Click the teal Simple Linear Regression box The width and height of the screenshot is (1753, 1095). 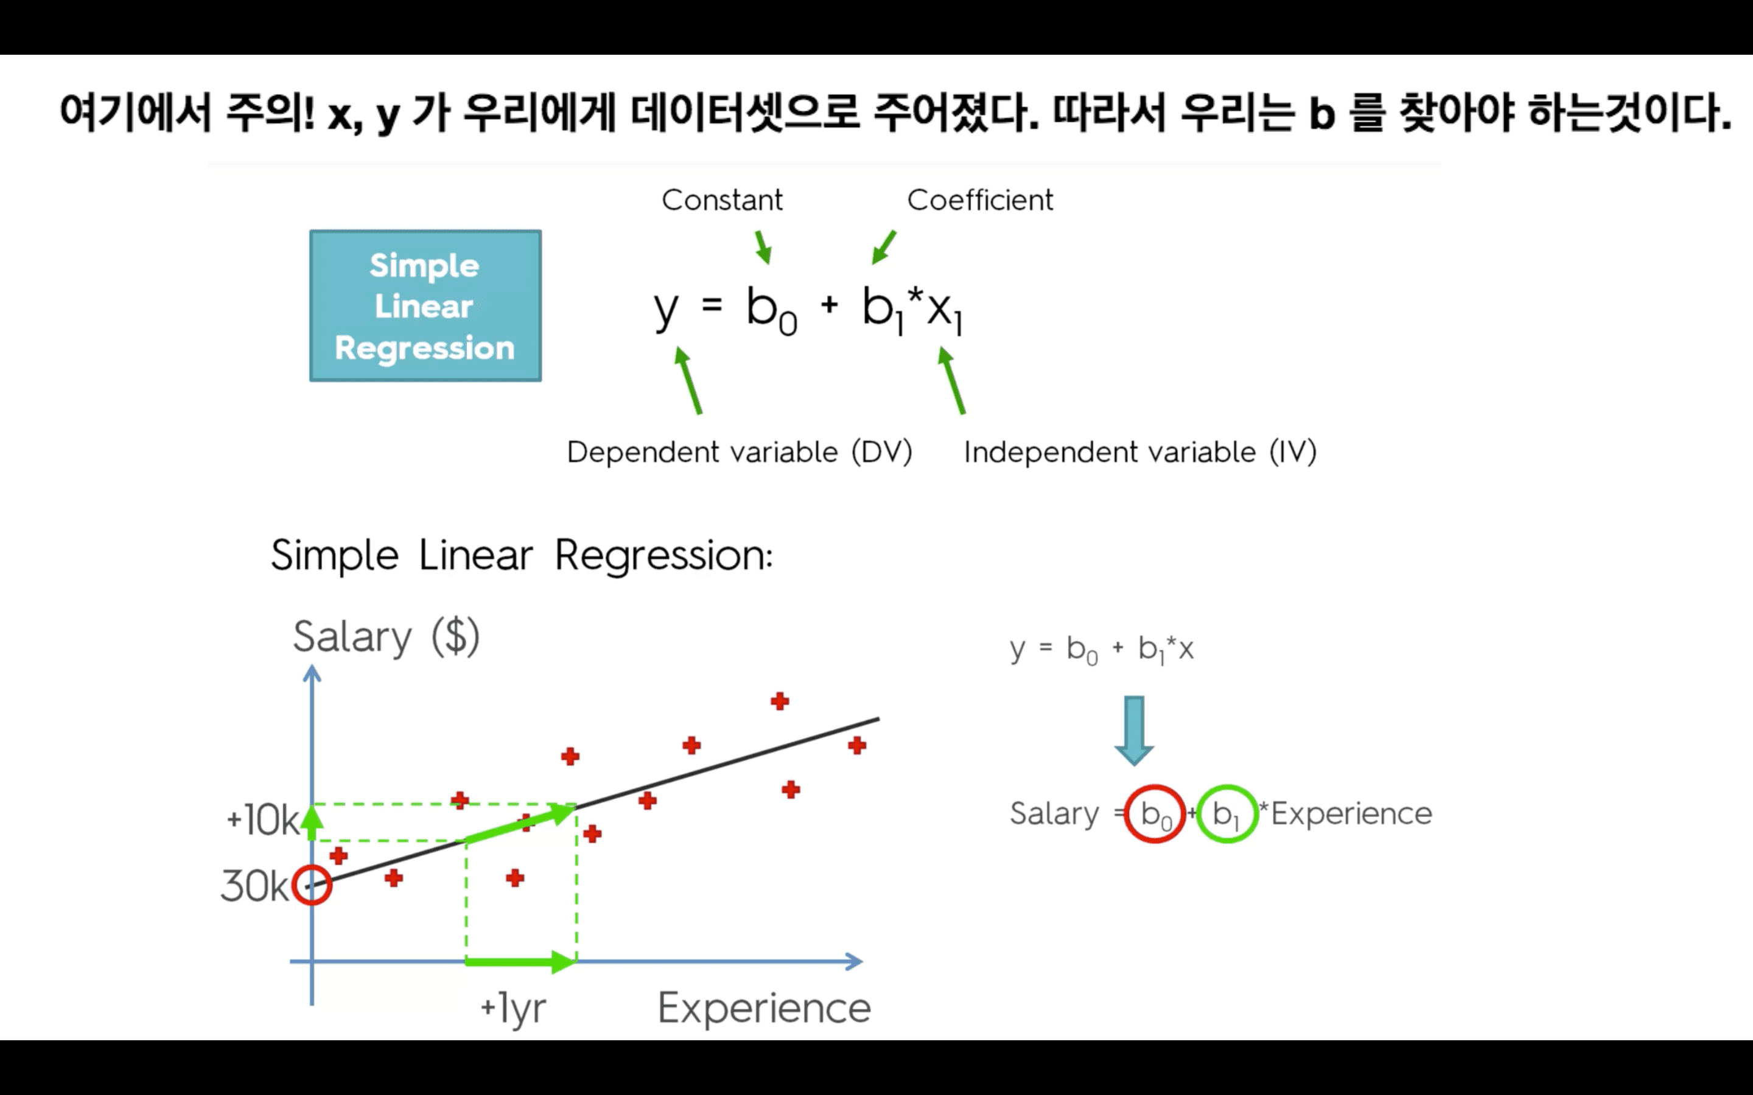coord(425,305)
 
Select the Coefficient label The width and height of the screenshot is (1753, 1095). coord(979,200)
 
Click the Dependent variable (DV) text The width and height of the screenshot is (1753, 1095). coord(739,452)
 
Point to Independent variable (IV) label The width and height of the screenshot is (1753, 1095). coord(1139,452)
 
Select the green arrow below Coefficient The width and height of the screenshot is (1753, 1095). coord(884,247)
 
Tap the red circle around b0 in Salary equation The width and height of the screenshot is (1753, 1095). coord(1155,813)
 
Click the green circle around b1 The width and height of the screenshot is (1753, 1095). coord(1226,813)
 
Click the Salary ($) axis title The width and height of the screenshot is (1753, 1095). coord(386,636)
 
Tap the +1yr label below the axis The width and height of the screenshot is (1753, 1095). coord(513,1007)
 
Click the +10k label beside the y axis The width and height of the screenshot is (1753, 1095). coord(262,821)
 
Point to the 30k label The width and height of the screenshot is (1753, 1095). coord(254,886)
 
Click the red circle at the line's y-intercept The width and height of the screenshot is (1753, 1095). coord(312,885)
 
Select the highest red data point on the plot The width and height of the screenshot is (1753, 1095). coord(780,701)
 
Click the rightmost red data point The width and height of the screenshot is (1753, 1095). coord(857,745)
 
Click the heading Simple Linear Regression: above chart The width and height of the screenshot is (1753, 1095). coord(522,555)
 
